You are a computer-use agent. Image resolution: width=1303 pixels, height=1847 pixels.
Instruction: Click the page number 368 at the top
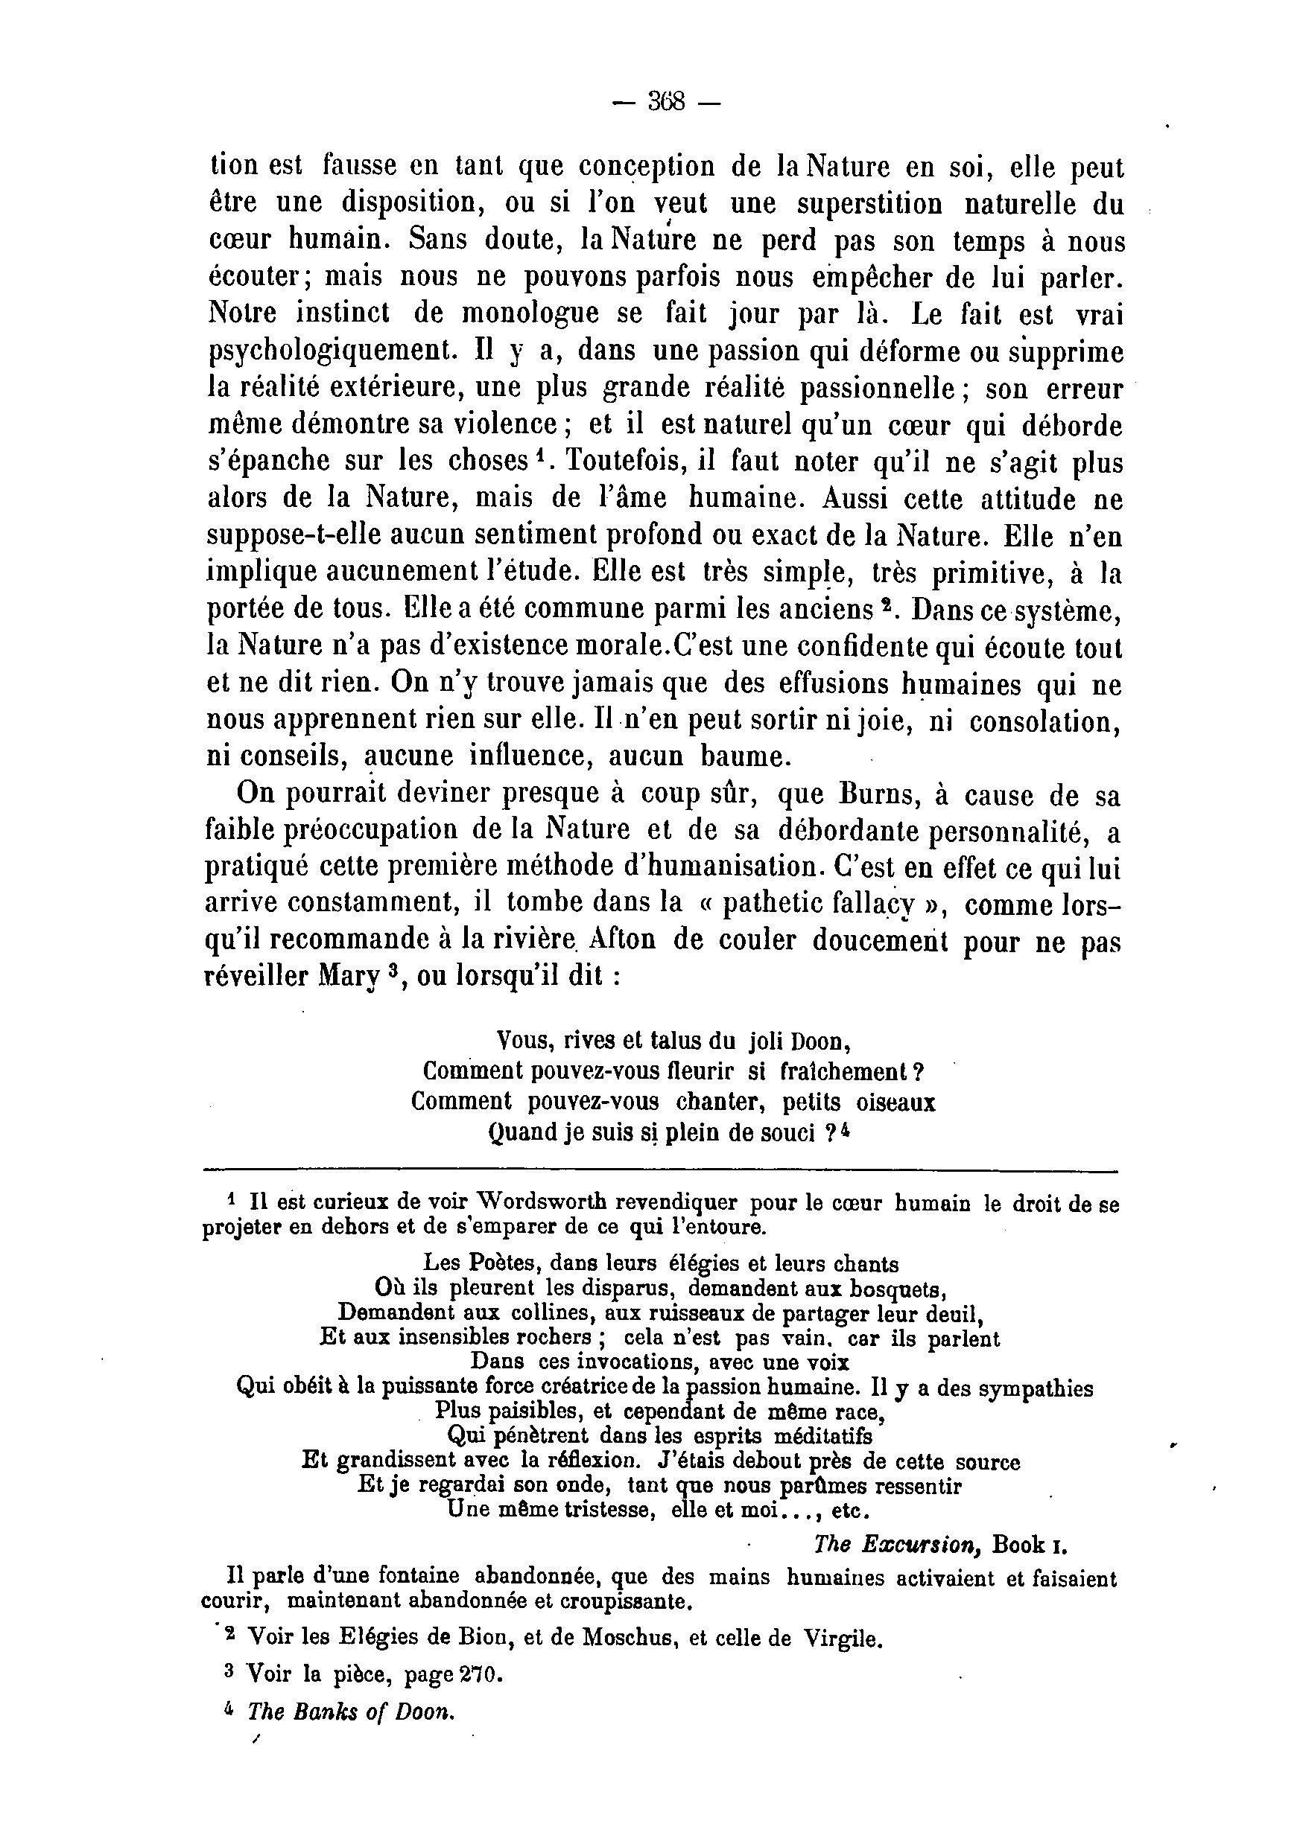pos(665,102)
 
